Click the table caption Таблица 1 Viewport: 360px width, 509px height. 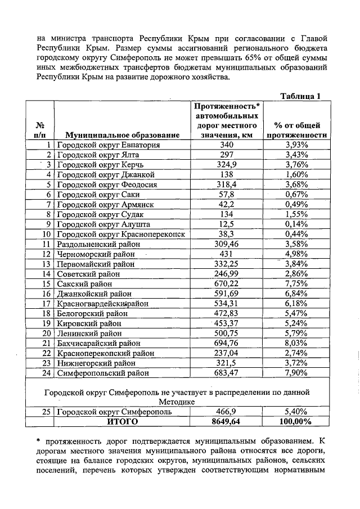[x=300, y=96]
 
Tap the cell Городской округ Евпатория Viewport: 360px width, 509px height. [x=109, y=145]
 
